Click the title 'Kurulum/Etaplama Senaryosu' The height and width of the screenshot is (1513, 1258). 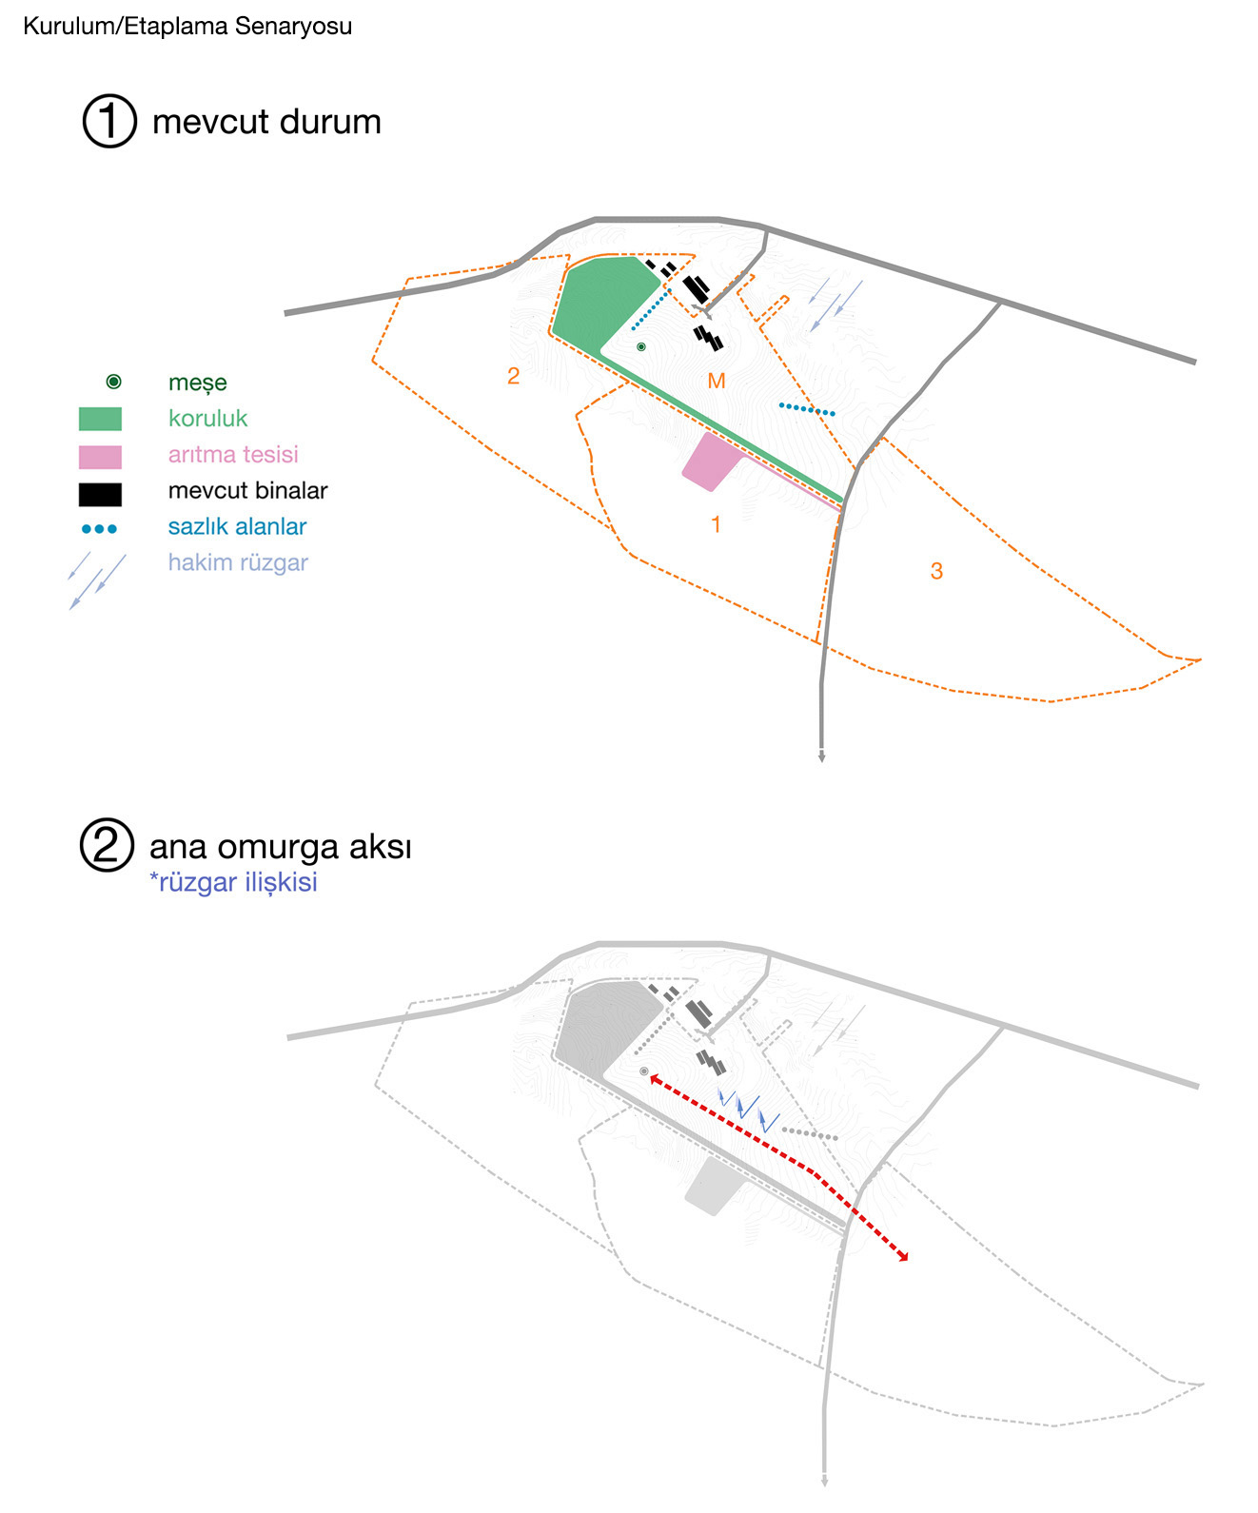click(x=187, y=27)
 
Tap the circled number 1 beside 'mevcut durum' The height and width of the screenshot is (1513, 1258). click(x=109, y=121)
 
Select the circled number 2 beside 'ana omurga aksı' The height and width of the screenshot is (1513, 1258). click(x=107, y=845)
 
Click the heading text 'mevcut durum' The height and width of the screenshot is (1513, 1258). click(x=266, y=122)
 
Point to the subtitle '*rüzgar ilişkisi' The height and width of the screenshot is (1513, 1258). click(x=233, y=883)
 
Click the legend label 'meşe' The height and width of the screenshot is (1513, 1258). click(x=198, y=383)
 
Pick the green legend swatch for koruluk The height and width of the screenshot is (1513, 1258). click(x=100, y=419)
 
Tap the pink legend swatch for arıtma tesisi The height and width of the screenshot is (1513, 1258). click(x=100, y=457)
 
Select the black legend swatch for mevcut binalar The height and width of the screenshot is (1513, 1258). click(x=100, y=494)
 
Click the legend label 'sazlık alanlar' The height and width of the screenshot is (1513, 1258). click(x=238, y=527)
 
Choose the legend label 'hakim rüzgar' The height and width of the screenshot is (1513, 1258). click(x=239, y=562)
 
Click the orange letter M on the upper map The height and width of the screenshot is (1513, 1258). click(x=716, y=381)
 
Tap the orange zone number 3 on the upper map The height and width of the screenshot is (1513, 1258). click(x=936, y=570)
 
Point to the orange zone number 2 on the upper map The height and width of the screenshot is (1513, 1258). click(x=513, y=375)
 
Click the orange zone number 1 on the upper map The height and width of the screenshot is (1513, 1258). click(x=716, y=524)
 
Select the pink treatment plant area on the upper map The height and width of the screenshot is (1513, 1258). click(x=711, y=462)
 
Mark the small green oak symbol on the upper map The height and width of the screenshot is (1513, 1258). click(x=641, y=347)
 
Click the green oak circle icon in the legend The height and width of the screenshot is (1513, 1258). click(x=114, y=382)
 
